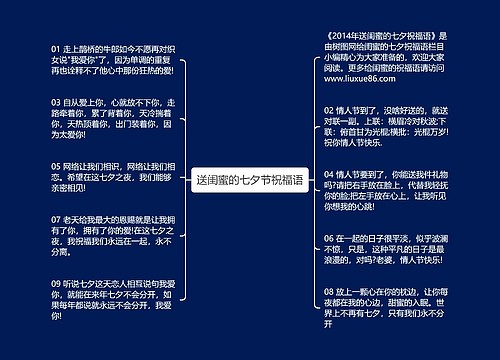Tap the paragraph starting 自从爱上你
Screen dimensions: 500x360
[x=107, y=121]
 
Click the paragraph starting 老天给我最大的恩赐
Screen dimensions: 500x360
[x=107, y=235]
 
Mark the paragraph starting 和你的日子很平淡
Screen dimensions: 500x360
[x=385, y=253]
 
